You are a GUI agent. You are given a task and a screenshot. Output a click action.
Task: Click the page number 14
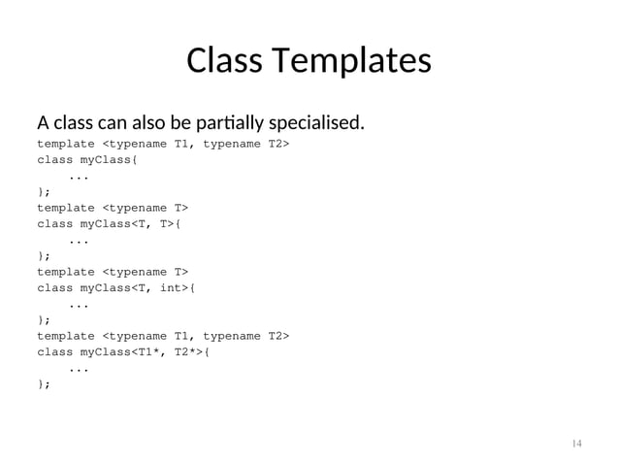point(576,444)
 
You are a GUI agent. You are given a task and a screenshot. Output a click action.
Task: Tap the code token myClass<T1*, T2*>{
point(147,352)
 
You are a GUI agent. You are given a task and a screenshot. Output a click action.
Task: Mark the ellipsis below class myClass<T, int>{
point(81,305)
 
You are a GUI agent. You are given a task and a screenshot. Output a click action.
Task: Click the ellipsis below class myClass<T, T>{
point(81,241)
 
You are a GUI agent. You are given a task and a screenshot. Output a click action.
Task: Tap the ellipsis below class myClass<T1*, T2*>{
point(81,369)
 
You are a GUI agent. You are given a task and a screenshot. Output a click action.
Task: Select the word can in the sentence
point(110,124)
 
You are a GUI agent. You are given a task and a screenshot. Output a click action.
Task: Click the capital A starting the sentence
point(43,124)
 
